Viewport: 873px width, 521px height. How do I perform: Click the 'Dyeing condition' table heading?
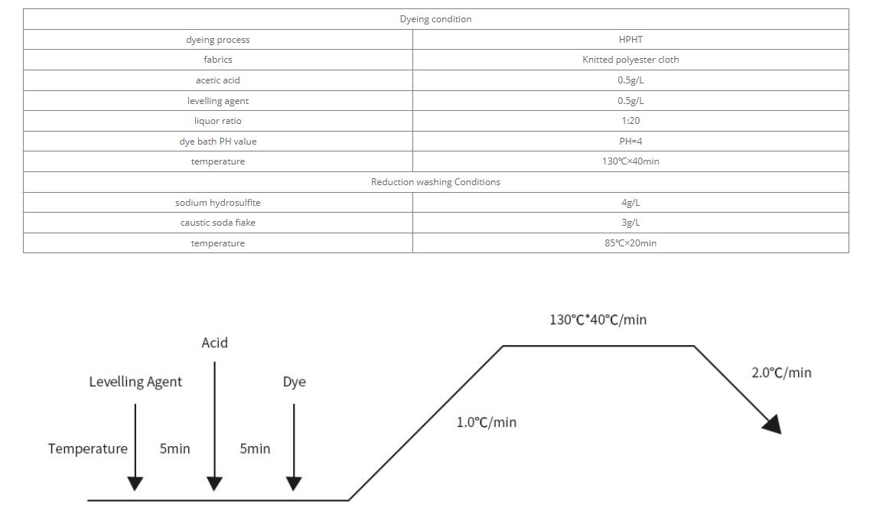point(435,19)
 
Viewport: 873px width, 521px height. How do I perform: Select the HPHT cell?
point(630,40)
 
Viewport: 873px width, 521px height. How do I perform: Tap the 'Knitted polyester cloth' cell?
point(630,60)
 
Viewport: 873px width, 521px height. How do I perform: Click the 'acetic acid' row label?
point(218,80)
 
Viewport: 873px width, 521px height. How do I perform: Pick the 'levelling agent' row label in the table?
point(218,101)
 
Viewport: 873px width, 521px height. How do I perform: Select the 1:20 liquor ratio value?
point(630,121)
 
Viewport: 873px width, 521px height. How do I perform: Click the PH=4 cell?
point(630,142)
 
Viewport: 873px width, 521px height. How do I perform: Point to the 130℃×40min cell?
point(630,161)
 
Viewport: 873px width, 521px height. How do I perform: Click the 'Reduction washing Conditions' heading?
point(435,182)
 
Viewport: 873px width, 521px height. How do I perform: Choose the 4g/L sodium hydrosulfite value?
point(630,203)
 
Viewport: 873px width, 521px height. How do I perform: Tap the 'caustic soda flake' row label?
point(218,223)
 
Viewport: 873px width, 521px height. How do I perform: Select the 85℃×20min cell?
point(630,243)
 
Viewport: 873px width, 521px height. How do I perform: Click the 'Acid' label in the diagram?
point(214,343)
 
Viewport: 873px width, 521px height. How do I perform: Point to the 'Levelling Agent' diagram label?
point(135,382)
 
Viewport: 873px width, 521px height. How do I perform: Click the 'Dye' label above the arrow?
point(294,382)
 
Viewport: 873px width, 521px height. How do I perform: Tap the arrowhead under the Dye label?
point(294,484)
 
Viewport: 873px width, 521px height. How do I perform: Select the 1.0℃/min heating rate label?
point(487,422)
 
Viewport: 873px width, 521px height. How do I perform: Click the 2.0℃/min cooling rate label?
point(781,373)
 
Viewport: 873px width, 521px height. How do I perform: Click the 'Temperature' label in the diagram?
point(88,449)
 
